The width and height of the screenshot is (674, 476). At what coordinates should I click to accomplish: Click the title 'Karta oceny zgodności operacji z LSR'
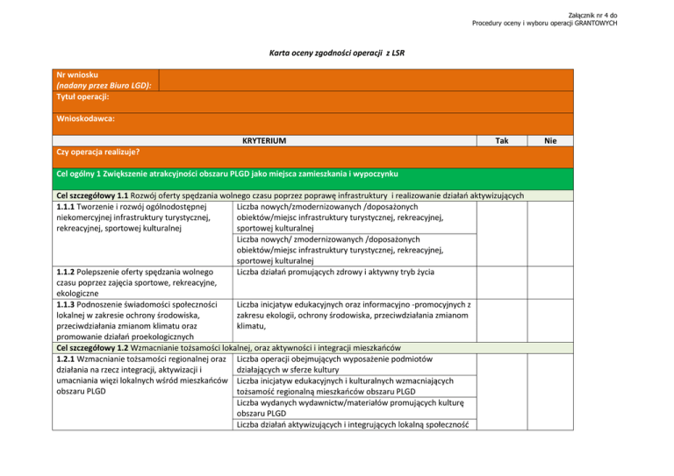(336, 53)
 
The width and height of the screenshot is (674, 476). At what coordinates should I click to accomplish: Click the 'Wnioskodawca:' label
(86, 117)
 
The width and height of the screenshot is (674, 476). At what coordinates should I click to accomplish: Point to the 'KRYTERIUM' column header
(263, 140)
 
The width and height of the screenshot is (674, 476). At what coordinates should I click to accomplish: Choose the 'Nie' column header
(550, 140)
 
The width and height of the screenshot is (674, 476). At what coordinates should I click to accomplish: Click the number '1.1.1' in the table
(68, 207)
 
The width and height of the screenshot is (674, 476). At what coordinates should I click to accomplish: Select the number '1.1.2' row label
(68, 271)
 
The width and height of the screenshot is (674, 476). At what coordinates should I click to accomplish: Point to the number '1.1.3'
(68, 305)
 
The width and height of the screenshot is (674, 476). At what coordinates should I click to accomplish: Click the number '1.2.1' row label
(68, 359)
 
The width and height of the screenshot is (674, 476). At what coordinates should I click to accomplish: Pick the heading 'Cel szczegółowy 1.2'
(98, 347)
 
